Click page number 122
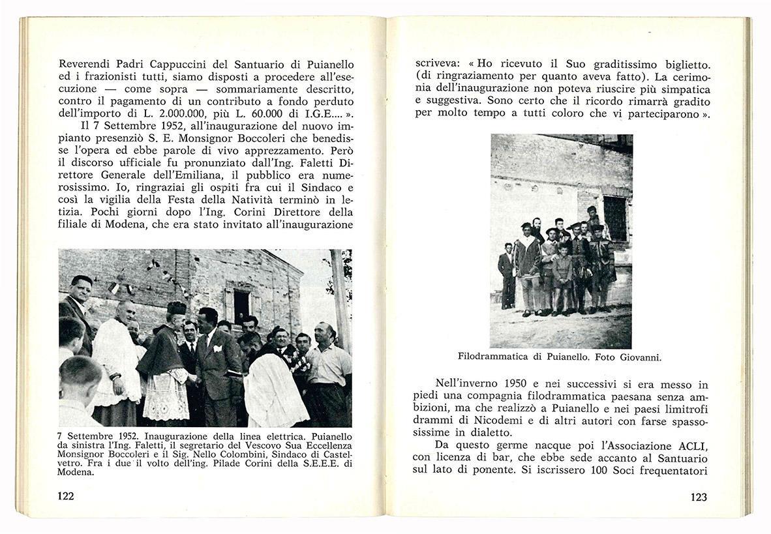tap(66, 496)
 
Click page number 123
tap(698, 497)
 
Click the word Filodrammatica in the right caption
tap(492, 357)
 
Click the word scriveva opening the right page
tap(438, 64)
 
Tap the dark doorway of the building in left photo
tap(240, 304)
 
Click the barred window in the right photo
tap(614, 217)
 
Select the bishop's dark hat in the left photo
tap(175, 308)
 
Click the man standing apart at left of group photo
tap(506, 274)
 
